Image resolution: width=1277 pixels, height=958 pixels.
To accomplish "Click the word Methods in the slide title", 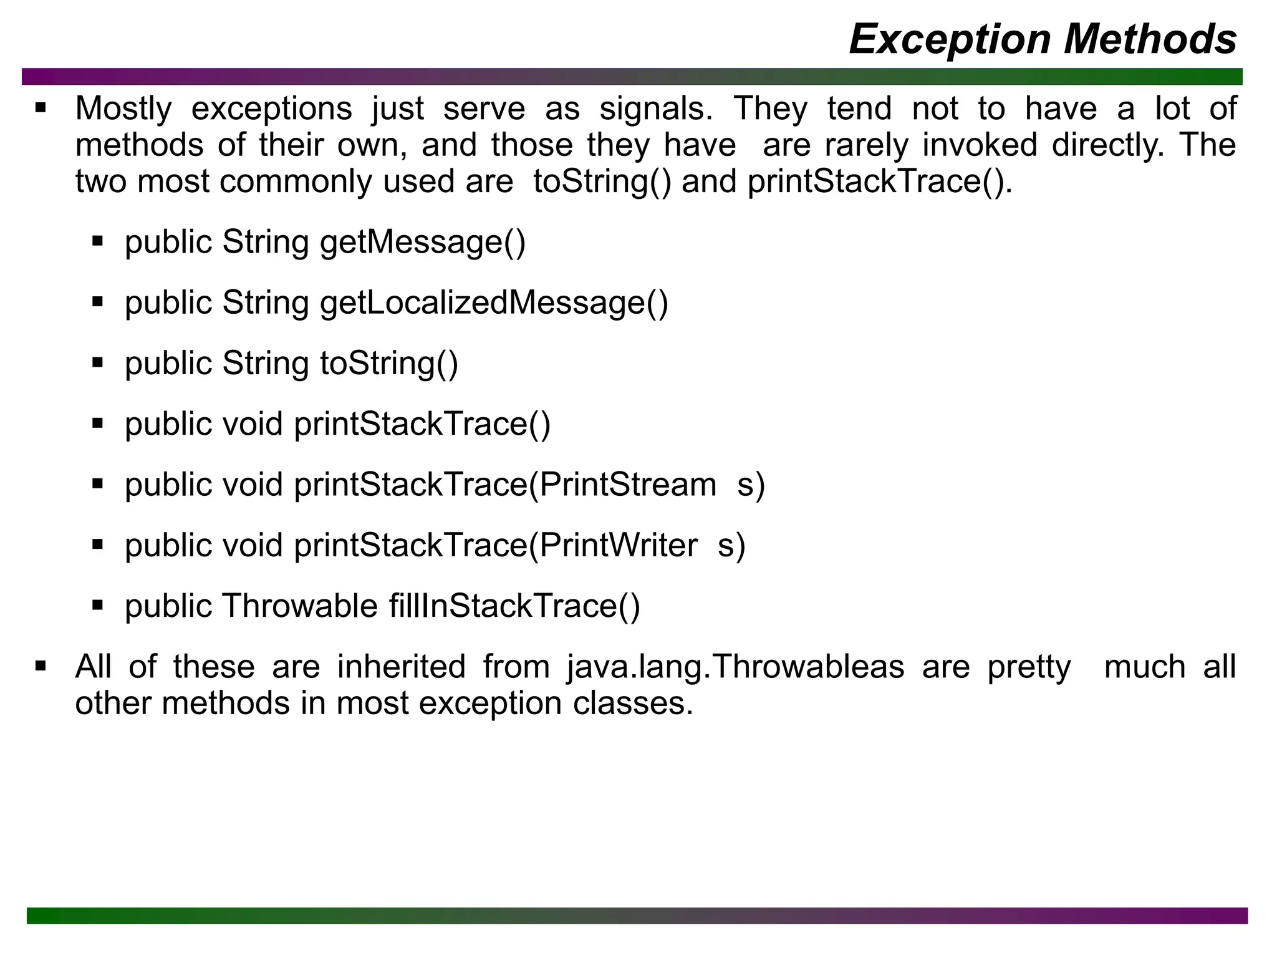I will [x=1150, y=39].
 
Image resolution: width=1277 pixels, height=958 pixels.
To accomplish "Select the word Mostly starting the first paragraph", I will [x=123, y=109].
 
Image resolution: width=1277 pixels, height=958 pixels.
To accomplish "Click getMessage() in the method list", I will [x=423, y=242].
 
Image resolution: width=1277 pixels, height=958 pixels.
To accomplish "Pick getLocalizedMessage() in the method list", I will [x=493, y=303].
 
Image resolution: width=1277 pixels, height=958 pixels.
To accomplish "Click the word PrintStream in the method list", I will [x=627, y=485].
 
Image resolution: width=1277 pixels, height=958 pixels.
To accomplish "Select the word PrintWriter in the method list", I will [x=618, y=545].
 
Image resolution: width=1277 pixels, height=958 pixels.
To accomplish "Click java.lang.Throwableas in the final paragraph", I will [x=736, y=667].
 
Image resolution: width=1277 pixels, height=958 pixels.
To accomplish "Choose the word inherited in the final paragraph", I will [x=401, y=667].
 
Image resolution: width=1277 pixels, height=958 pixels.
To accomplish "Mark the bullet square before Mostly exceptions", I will [x=41, y=108].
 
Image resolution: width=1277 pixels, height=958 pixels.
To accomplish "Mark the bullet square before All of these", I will [x=41, y=666].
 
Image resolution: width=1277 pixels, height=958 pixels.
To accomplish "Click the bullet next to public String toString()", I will [x=97, y=362].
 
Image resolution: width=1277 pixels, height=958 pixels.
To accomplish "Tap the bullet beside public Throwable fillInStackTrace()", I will [x=97, y=605].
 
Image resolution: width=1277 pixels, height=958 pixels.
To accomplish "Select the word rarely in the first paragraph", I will [x=866, y=145].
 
